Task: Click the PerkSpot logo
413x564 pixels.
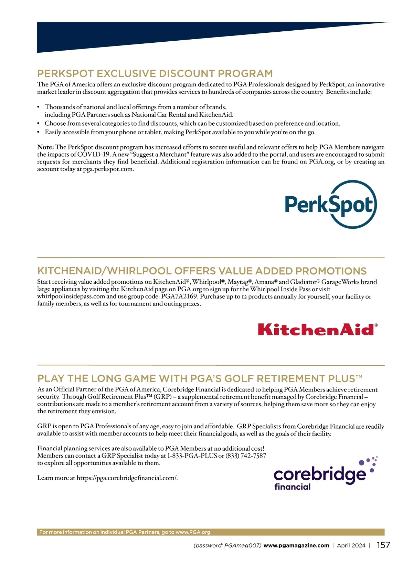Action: pyautogui.click(x=331, y=204)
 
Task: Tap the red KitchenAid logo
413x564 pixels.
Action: pyautogui.click(x=317, y=330)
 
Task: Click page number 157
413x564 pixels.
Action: pyautogui.click(x=383, y=545)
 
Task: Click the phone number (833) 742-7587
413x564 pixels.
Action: pyautogui.click(x=246, y=456)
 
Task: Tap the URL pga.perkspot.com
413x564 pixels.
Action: pyautogui.click(x=108, y=169)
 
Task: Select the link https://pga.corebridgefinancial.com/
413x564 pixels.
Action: pyautogui.click(x=127, y=478)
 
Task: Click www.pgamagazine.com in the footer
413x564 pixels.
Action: pyautogui.click(x=296, y=545)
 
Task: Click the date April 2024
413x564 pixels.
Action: pyautogui.click(x=351, y=545)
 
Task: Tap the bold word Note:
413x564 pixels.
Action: pyautogui.click(x=45, y=147)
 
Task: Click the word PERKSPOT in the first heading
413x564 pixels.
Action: pyautogui.click(x=65, y=74)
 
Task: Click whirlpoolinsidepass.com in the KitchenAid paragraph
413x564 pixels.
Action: pyautogui.click(x=71, y=296)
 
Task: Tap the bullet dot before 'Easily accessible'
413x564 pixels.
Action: pyautogui.click(x=39, y=132)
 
